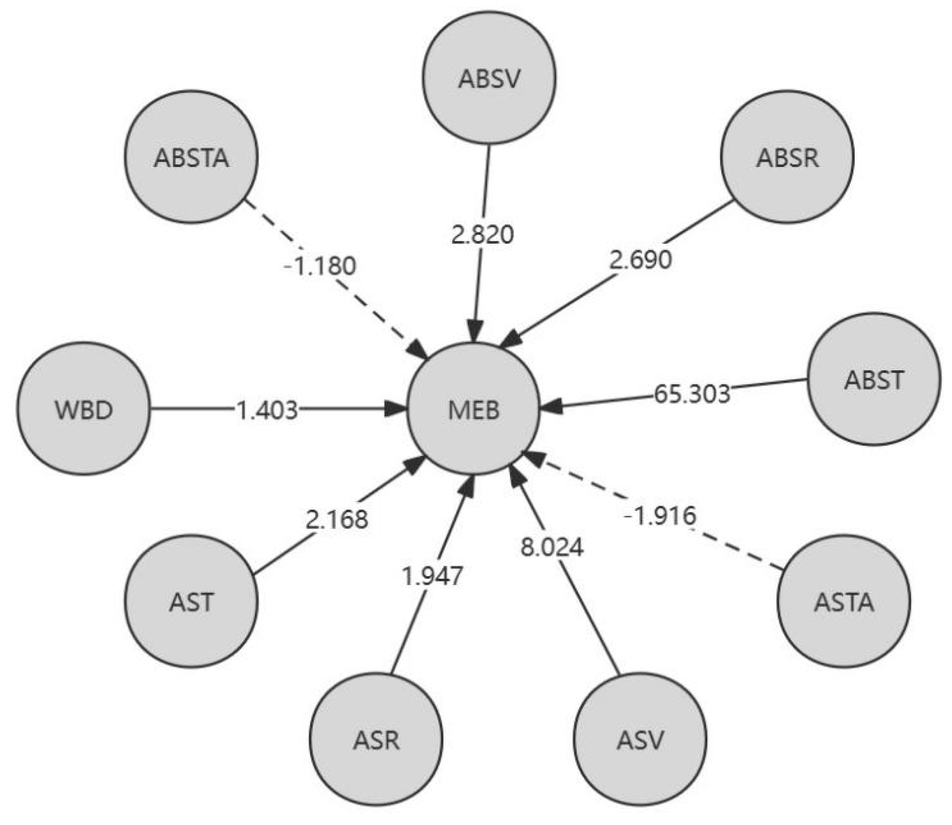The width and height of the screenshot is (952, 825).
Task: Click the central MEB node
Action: [x=473, y=410]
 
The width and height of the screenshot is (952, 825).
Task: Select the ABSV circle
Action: [x=489, y=77]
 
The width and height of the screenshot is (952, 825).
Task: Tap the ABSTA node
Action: [x=191, y=157]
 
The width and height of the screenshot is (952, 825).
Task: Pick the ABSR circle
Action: [x=787, y=157]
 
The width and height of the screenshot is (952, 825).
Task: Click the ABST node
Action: [x=874, y=379]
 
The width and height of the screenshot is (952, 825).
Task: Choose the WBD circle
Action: [x=84, y=409]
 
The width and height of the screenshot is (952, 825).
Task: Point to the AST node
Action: [x=191, y=602]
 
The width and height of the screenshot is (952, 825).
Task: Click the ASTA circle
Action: [x=844, y=602]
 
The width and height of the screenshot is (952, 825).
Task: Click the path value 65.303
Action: [x=692, y=393]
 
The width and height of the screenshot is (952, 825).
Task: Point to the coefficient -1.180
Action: [x=320, y=266]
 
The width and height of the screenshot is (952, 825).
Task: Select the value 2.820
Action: [x=482, y=234]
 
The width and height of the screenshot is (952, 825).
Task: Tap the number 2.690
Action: [x=640, y=260]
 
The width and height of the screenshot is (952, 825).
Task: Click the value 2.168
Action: [x=337, y=519]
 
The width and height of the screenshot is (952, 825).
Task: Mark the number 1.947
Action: [x=433, y=576]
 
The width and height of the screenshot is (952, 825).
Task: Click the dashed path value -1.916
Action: [x=660, y=515]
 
